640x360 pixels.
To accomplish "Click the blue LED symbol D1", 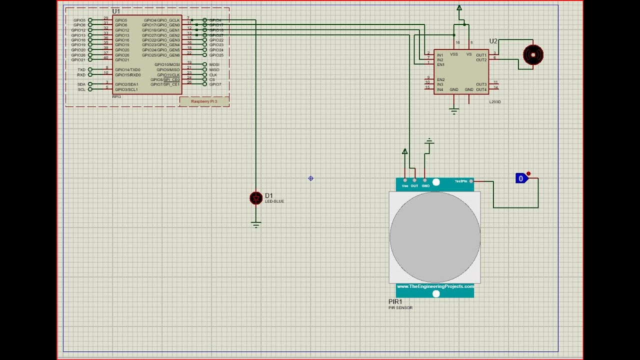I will (x=256, y=198).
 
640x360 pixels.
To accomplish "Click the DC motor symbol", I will (x=533, y=54).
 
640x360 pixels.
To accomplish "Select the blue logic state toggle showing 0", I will (x=521, y=178).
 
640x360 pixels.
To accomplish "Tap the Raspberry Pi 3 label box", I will (x=204, y=101).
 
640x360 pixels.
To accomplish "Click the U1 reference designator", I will (x=116, y=11).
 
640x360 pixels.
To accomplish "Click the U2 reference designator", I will (x=493, y=41).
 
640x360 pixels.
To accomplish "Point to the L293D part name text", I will (x=494, y=102).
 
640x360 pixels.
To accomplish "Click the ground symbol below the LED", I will (x=256, y=225).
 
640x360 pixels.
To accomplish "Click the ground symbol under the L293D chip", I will (x=454, y=111).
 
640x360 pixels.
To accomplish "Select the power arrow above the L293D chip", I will (x=459, y=8).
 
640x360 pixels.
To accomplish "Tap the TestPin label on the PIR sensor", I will (x=461, y=181).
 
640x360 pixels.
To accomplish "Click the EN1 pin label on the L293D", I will (x=440, y=64).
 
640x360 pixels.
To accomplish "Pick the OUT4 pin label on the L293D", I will (x=481, y=89).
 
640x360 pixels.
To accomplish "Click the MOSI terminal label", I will (x=214, y=64).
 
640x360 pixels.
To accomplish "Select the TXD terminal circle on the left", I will (x=90, y=69).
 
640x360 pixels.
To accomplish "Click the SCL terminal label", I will (x=81, y=89).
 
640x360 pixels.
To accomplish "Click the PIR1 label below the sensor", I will (x=395, y=302).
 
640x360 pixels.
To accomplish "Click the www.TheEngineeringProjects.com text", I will (x=435, y=286).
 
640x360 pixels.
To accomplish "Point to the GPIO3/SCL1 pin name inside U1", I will (x=126, y=89).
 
